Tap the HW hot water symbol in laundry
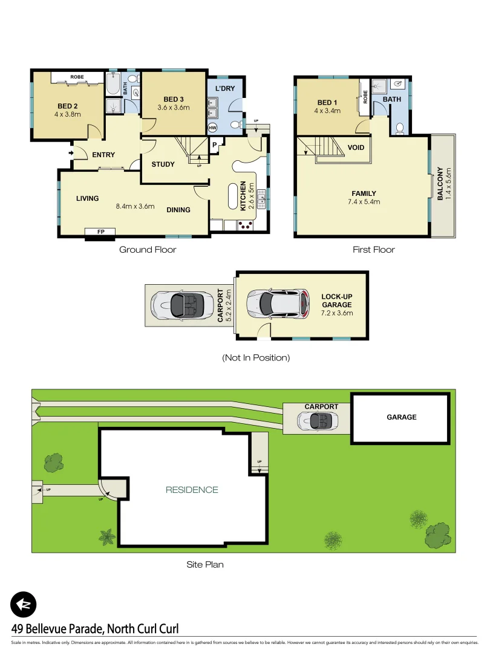tap(212, 128)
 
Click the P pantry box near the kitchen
tap(215, 144)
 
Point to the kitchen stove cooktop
tap(246, 226)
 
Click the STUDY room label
tap(163, 164)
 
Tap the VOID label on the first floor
tap(356, 147)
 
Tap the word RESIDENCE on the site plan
tap(192, 490)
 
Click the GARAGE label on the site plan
tap(401, 417)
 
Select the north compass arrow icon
tap(24, 604)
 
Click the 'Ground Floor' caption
tap(148, 249)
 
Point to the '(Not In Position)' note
tap(256, 357)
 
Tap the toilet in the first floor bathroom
tap(399, 127)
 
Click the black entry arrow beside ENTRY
tap(71, 153)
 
